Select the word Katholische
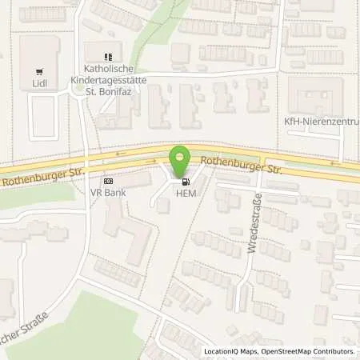click(109, 69)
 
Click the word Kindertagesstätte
click(109, 80)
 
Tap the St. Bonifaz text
click(109, 91)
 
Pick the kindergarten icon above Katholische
click(109, 57)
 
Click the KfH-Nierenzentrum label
click(333, 122)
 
